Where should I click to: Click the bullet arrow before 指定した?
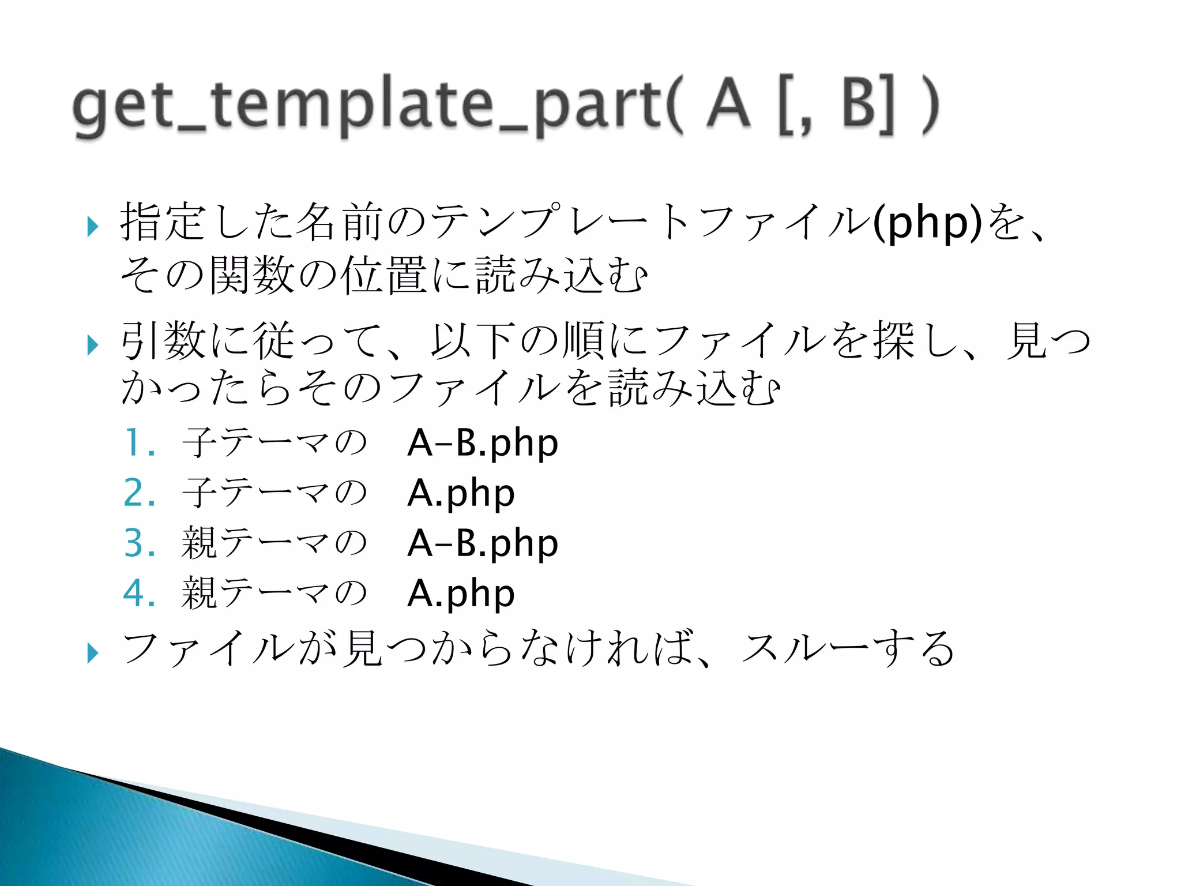92,227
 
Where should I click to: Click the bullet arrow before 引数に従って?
92,346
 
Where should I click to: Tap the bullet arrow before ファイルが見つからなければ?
92,653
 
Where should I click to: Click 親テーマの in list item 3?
274,543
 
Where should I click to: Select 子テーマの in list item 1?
274,443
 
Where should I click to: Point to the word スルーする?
848,648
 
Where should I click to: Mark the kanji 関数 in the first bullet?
253,275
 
